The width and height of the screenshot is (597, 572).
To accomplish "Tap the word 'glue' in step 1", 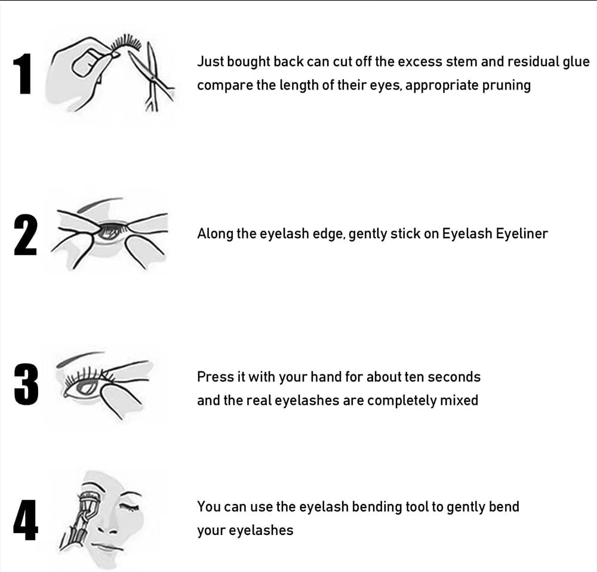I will pos(576,61).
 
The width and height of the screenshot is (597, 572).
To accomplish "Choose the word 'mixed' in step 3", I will pos(458,400).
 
